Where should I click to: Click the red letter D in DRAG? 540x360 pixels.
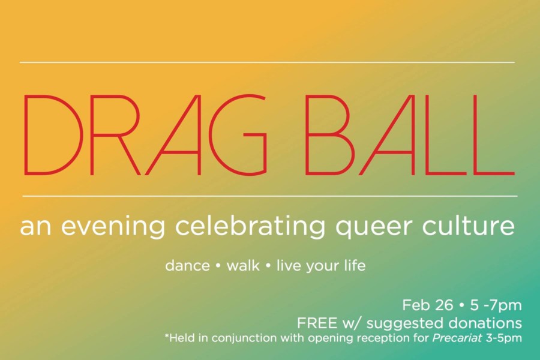[24, 134]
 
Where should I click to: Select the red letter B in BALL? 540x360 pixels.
[307, 134]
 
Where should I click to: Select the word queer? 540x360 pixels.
[373, 228]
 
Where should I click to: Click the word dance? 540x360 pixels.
[188, 266]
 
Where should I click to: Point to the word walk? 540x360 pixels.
[243, 266]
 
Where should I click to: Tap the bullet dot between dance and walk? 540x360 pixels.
[218, 266]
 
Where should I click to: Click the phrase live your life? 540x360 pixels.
[321, 266]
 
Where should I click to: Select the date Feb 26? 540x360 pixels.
[427, 305]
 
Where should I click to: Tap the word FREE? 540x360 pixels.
[317, 323]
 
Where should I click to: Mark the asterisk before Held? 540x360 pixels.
[167, 335]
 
